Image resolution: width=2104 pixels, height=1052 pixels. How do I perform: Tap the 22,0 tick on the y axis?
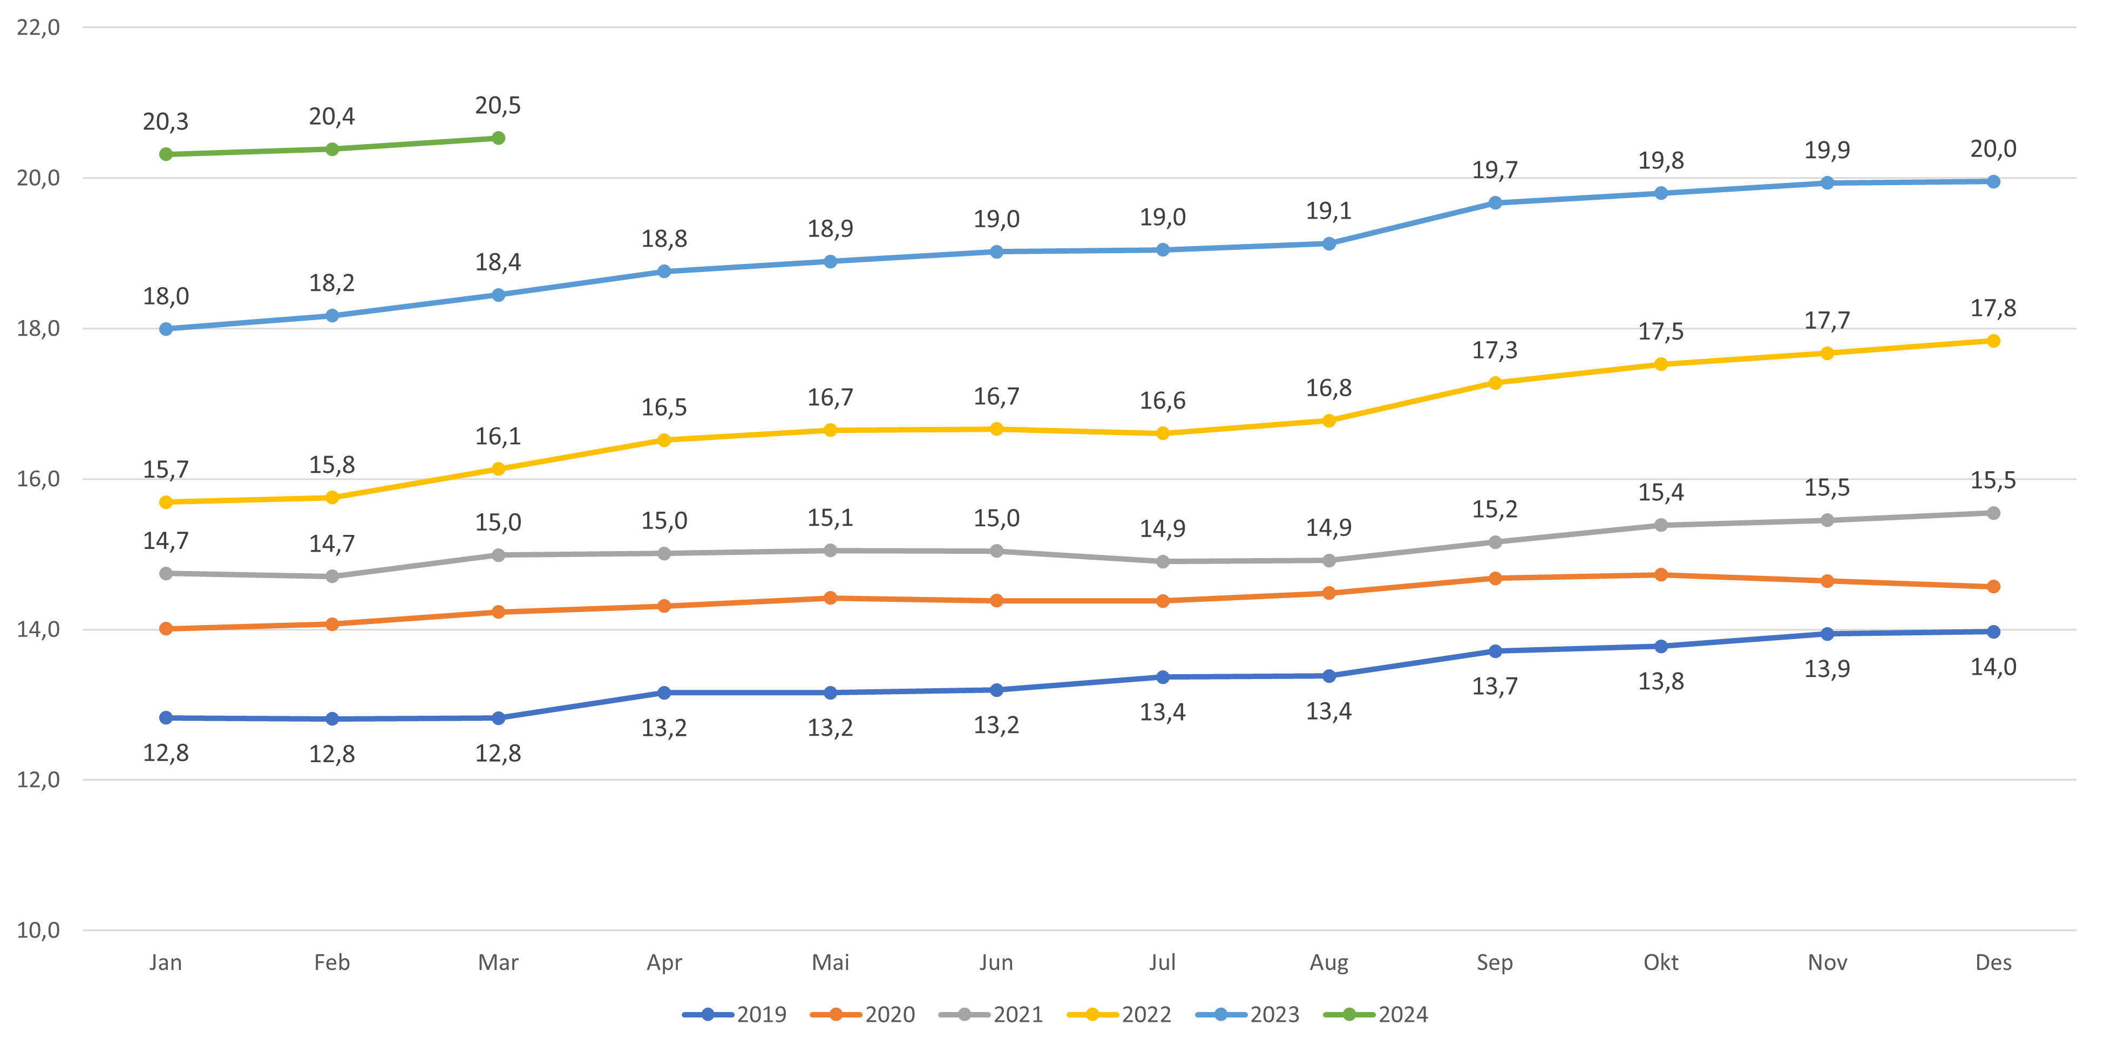pyautogui.click(x=38, y=28)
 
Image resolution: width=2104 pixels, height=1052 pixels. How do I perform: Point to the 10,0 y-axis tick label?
pyautogui.click(x=38, y=931)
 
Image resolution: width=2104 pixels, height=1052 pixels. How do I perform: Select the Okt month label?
pyautogui.click(x=1660, y=962)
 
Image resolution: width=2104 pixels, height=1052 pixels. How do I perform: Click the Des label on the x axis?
pyautogui.click(x=1993, y=962)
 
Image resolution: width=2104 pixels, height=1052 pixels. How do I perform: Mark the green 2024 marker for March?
pyautogui.click(x=498, y=138)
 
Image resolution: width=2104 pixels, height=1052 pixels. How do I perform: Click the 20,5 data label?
pyautogui.click(x=498, y=105)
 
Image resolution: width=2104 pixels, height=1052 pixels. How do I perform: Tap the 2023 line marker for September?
pyautogui.click(x=1495, y=202)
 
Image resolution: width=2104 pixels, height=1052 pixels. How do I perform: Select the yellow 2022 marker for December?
pyautogui.click(x=1993, y=341)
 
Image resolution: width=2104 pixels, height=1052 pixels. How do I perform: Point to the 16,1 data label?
pyautogui.click(x=498, y=436)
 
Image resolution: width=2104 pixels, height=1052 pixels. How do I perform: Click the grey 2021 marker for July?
pyautogui.click(x=1162, y=562)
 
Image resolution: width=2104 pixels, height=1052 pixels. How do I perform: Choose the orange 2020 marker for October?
pyautogui.click(x=1660, y=575)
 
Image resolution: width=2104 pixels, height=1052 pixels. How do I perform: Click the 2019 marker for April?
pyautogui.click(x=664, y=693)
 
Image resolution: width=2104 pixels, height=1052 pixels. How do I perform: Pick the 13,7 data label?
pyautogui.click(x=1495, y=686)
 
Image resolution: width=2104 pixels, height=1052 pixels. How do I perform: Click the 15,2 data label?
pyautogui.click(x=1495, y=510)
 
